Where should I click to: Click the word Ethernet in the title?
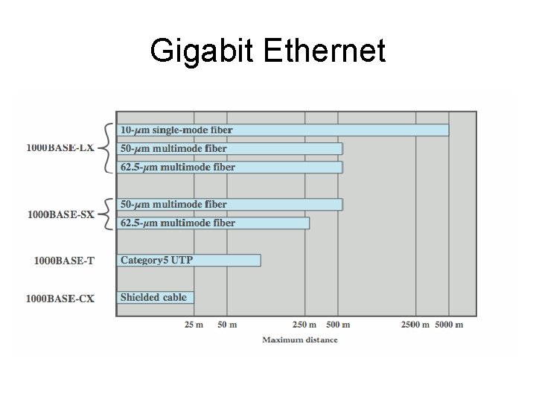pyautogui.click(x=325, y=51)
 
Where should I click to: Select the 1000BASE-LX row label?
pyautogui.click(x=60, y=148)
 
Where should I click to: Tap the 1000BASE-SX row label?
pyautogui.click(x=61, y=215)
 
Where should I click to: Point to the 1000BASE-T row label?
pyautogui.click(x=64, y=261)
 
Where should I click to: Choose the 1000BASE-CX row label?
pyautogui.click(x=60, y=299)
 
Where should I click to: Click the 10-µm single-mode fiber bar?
pyautogui.click(x=283, y=130)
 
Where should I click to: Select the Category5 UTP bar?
pyautogui.click(x=189, y=260)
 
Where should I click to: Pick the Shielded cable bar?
pyautogui.click(x=156, y=297)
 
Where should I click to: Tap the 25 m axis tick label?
pyautogui.click(x=194, y=325)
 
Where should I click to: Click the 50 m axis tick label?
pyautogui.click(x=227, y=325)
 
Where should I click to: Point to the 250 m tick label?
pyautogui.click(x=304, y=325)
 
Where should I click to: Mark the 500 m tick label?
pyautogui.click(x=339, y=325)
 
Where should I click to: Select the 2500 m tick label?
pyautogui.click(x=416, y=325)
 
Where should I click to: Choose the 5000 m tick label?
pyautogui.click(x=449, y=325)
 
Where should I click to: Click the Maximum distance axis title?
pyautogui.click(x=299, y=340)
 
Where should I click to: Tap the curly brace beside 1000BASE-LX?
pyautogui.click(x=106, y=148)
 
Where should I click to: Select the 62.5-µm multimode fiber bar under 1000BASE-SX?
pyautogui.click(x=213, y=223)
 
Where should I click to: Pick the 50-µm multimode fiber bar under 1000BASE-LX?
pyautogui.click(x=229, y=149)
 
